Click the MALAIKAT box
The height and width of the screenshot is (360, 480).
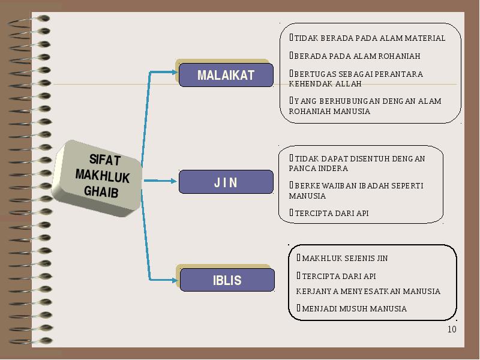pyautogui.click(x=226, y=75)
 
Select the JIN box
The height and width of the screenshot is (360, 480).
pyautogui.click(x=226, y=182)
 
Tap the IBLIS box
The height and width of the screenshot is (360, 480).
pyautogui.click(x=227, y=280)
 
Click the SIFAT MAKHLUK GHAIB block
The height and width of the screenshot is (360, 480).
pyautogui.click(x=97, y=178)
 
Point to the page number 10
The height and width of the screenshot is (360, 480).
pyautogui.click(x=452, y=329)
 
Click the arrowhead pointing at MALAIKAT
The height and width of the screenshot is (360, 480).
pyautogui.click(x=175, y=72)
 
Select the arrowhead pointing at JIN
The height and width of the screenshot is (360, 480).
pyautogui.click(x=174, y=181)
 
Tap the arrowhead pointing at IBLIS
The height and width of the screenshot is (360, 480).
pyautogui.click(x=175, y=280)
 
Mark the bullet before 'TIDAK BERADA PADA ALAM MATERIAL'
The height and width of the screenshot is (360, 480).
pyautogui.click(x=291, y=37)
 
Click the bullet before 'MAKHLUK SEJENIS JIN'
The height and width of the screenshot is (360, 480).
pyautogui.click(x=298, y=258)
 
